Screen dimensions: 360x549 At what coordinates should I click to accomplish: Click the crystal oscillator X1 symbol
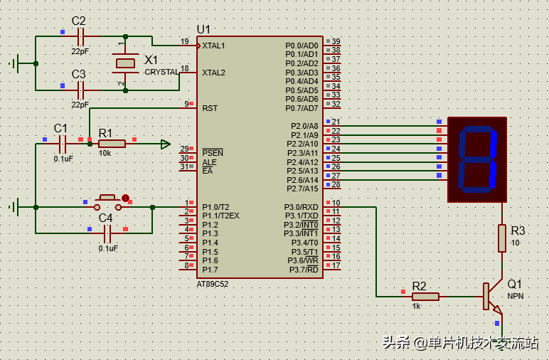point(125,63)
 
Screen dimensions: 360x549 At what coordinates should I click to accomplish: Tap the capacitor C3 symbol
point(80,90)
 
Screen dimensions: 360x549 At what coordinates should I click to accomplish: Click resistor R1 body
point(112,144)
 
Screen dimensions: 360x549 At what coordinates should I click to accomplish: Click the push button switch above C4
point(107,203)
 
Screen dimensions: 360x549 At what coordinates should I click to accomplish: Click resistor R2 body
point(425,296)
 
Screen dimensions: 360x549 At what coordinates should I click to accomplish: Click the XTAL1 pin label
point(213,46)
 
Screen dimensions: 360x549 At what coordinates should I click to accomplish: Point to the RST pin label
point(210,108)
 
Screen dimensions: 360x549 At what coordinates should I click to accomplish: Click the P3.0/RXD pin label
point(302,206)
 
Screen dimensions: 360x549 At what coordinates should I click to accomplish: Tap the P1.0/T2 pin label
point(215,206)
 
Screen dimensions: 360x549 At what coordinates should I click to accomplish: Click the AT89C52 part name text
point(213,283)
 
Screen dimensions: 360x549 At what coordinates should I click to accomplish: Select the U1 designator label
point(203,29)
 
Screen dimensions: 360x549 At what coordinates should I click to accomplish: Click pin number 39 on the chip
point(336,41)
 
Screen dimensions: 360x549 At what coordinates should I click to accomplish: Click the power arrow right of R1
point(165,144)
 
